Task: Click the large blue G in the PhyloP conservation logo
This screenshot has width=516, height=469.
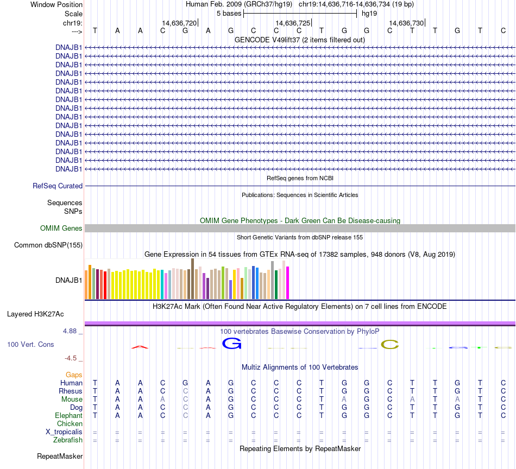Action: tap(231, 343)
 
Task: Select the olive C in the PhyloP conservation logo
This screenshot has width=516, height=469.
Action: tap(390, 344)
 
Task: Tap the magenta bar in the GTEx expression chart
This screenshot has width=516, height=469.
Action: tap(287, 282)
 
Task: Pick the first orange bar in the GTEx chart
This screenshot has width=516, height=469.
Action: tap(86, 284)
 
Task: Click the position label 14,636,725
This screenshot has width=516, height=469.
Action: tap(293, 23)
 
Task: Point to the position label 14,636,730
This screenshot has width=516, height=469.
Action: tap(406, 23)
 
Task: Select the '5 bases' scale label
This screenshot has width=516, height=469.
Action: tap(229, 13)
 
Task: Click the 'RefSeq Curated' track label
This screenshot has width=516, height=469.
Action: tap(58, 186)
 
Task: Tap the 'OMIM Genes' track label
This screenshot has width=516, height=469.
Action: tap(61, 229)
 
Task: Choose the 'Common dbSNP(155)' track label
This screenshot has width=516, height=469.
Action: tap(48, 245)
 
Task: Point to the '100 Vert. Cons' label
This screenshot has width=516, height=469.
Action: tap(30, 344)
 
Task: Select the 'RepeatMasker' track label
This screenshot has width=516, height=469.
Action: tap(60, 457)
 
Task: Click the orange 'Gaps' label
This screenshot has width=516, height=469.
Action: tap(74, 375)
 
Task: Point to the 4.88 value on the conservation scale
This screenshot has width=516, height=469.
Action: tap(70, 331)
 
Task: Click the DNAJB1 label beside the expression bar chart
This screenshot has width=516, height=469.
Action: tap(69, 281)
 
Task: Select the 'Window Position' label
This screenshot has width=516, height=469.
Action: tap(56, 4)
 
